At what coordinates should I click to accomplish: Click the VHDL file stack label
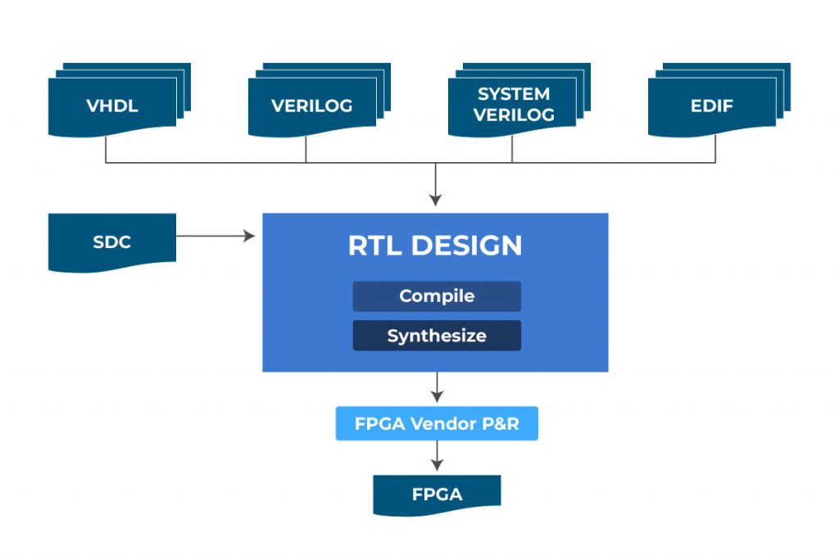pos(112,106)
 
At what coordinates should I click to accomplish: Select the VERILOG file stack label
pos(312,106)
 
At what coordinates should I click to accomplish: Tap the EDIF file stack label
pos(712,106)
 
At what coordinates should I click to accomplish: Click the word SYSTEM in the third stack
pos(514,94)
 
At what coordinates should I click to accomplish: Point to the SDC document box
pos(112,242)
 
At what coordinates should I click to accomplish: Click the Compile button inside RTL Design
pos(437,296)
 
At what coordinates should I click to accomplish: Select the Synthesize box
pos(437,336)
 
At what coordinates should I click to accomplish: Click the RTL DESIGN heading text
pos(435,246)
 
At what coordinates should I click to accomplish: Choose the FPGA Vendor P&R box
pos(437,424)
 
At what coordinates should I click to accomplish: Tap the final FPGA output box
pos(437,494)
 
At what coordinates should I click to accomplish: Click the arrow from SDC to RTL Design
pos(215,237)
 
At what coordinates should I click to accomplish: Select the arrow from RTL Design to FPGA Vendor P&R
pos(437,388)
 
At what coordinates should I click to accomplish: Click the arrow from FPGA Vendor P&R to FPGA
pos(437,457)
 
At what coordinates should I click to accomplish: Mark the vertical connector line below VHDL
pos(106,149)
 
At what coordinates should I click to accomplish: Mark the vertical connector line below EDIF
pos(715,149)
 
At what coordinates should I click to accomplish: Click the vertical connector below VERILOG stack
pos(306,149)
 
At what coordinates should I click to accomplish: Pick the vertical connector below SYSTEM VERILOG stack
pos(512,149)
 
